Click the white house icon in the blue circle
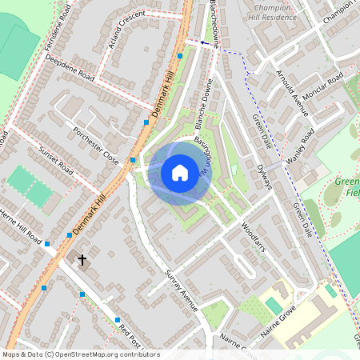tap(180, 172)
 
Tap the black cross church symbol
tap(82, 260)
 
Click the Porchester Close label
tap(95, 145)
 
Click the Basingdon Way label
tap(203, 156)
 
